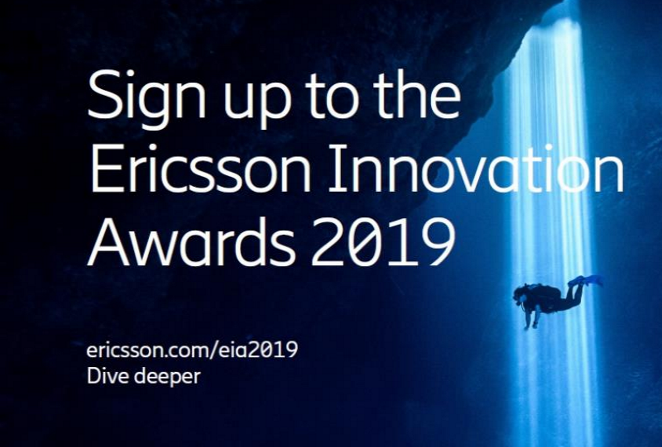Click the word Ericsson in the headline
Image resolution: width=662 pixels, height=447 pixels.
click(x=200, y=169)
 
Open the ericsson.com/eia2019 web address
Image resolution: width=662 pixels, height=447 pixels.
click(x=192, y=350)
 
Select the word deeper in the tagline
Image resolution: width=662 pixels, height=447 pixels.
click(x=168, y=377)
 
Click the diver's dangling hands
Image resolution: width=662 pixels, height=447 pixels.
click(x=531, y=324)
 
